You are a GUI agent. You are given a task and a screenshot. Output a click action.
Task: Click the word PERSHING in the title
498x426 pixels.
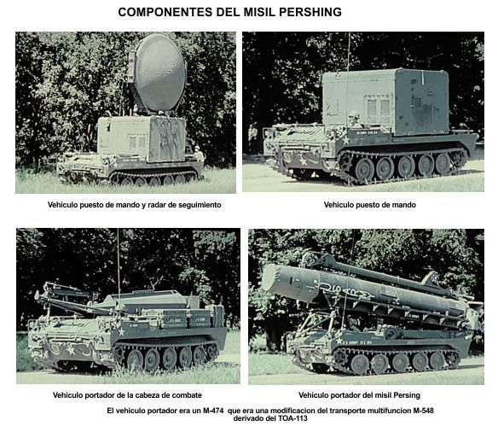pyautogui.click(x=310, y=12)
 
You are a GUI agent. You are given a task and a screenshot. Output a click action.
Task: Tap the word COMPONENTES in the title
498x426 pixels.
pyautogui.click(x=165, y=12)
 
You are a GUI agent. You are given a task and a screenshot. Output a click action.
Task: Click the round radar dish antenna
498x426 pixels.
pyautogui.click(x=159, y=73)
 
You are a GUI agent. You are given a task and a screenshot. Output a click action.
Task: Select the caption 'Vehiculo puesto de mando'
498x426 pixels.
pyautogui.click(x=370, y=205)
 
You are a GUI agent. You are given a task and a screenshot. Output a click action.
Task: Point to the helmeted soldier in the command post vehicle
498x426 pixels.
pyautogui.click(x=353, y=119)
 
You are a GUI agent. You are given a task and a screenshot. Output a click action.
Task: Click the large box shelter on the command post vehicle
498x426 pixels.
pyautogui.click(x=385, y=102)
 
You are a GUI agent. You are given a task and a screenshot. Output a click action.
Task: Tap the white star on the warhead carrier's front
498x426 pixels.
pyautogui.click(x=71, y=351)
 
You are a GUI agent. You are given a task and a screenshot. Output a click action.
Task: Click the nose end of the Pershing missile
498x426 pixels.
pyautogui.click(x=271, y=279)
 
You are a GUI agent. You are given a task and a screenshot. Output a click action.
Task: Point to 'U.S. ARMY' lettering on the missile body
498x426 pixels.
pyautogui.click(x=346, y=289)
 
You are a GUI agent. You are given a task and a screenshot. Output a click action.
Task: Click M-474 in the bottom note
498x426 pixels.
pyautogui.click(x=213, y=411)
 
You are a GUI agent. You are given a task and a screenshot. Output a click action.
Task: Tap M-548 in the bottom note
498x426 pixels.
pyautogui.click(x=423, y=411)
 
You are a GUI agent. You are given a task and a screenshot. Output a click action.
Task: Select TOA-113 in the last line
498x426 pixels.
pyautogui.click(x=294, y=418)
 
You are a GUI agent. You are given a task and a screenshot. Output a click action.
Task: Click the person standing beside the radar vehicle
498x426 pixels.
pyautogui.click(x=199, y=154)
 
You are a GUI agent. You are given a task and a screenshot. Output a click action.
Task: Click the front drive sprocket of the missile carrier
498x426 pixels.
pyautogui.click(x=340, y=357)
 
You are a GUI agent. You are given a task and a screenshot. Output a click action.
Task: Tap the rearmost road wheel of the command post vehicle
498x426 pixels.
pyautogui.click(x=443, y=163)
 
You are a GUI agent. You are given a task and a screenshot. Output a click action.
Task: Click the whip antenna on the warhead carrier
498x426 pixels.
pyautogui.click(x=119, y=264)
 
